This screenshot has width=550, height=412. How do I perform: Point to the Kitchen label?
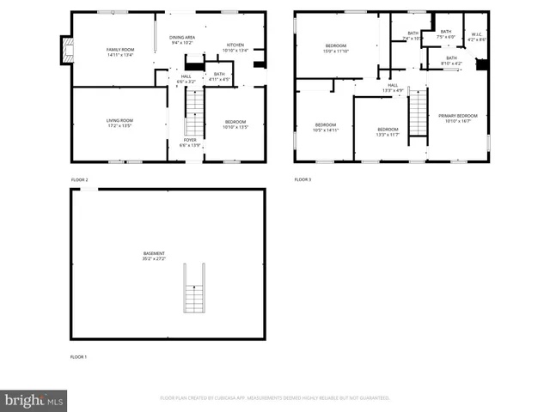coord(235,47)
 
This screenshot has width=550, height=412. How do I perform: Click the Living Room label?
coord(119,123)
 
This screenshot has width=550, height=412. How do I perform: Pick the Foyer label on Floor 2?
coord(189,142)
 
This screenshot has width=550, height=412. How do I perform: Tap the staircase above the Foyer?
coord(195,110)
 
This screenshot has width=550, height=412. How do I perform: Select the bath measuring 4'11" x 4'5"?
coord(219,76)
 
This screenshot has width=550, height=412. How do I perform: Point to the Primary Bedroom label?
coord(457,118)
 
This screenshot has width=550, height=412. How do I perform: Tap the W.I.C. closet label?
coord(478,37)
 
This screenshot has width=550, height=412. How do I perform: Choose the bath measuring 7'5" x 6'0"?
coord(445,33)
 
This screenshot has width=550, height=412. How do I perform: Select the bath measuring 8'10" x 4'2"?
coord(451,60)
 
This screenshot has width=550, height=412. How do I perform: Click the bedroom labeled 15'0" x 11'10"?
coord(335,48)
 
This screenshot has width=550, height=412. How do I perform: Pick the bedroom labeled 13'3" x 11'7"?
coord(388,131)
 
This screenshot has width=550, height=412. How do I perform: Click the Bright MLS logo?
coord(34,400)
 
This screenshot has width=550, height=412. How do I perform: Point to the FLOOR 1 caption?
coord(79,355)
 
